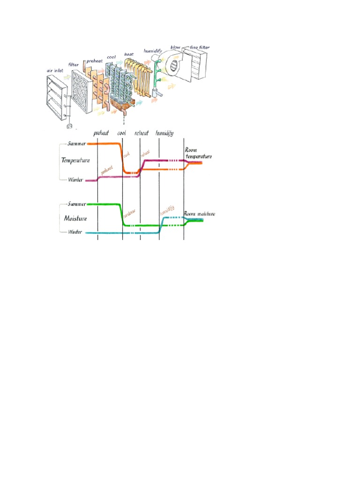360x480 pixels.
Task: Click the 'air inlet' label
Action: coord(54,71)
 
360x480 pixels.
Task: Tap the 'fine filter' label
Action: coord(200,47)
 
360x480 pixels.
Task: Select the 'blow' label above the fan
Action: coord(181,48)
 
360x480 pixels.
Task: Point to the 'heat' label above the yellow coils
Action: coord(129,54)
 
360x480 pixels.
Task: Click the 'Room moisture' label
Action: coord(199,214)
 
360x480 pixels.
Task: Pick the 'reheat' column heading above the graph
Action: coord(141,133)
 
